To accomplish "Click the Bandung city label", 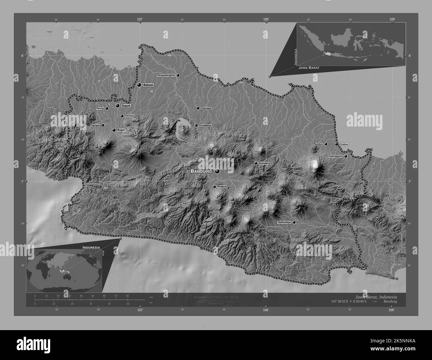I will (201, 171).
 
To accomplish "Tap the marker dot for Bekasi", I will (139, 85).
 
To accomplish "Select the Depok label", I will (126, 106).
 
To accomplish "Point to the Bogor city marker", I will (114, 130).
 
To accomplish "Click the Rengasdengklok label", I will (166, 75).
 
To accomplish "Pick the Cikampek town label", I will (206, 108).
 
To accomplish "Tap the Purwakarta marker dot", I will (196, 125).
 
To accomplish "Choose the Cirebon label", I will (344, 144).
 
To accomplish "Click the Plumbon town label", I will (318, 144).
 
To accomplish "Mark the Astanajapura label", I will (335, 156).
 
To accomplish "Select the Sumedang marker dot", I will (256, 163).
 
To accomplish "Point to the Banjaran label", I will (222, 187).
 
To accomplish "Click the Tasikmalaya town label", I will (284, 222).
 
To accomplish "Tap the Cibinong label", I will (130, 116).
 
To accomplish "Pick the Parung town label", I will (100, 108).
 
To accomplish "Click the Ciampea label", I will (95, 125).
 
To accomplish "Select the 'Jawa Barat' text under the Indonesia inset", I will (309, 67).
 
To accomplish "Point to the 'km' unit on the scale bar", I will (151, 297).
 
